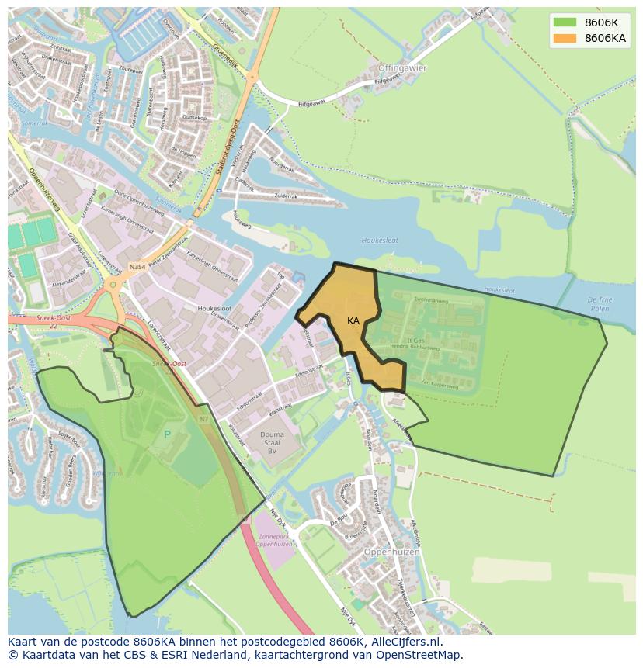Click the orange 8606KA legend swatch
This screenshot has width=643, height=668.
pyautogui.click(x=565, y=38)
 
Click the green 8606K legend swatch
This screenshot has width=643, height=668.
pyautogui.click(x=565, y=22)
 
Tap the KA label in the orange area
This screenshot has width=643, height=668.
pyautogui.click(x=353, y=321)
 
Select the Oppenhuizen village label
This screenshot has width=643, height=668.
pyautogui.click(x=391, y=552)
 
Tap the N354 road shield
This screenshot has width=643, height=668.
pyautogui.click(x=137, y=267)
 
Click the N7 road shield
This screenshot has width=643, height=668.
pyautogui.click(x=203, y=420)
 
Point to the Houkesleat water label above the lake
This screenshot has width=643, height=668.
pyautogui.click(x=380, y=241)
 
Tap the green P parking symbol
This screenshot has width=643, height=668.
pyautogui.click(x=167, y=434)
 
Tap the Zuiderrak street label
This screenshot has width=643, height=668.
pyautogui.click(x=285, y=196)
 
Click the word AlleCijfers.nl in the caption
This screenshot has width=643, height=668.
pyautogui.click(x=405, y=642)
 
